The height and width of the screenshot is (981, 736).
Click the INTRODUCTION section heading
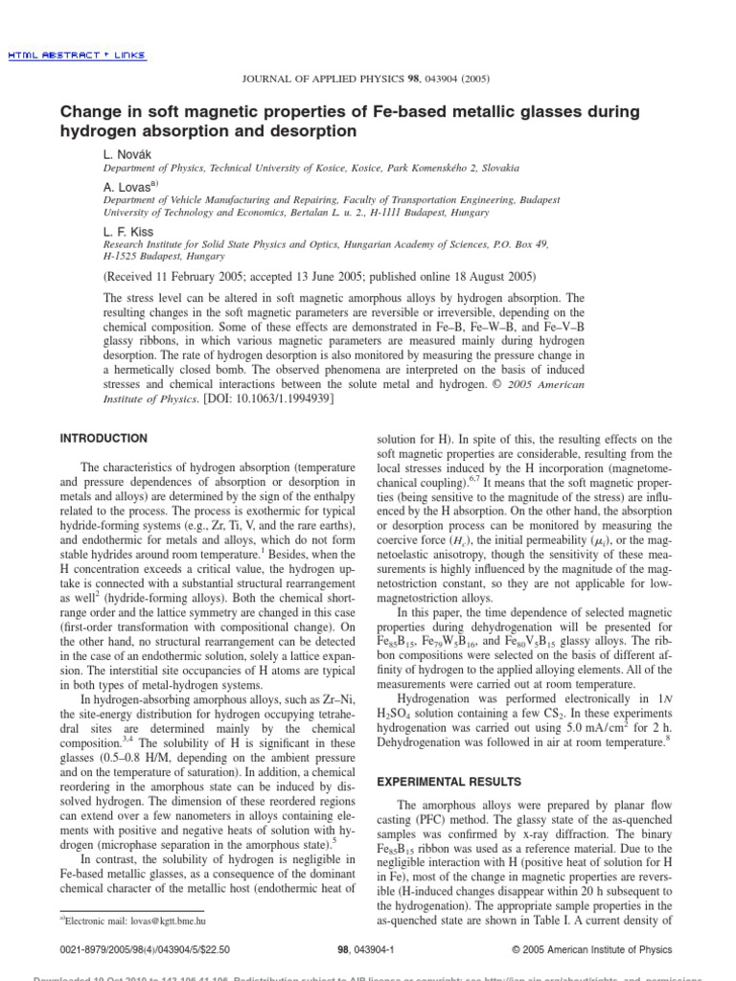pos(103,438)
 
